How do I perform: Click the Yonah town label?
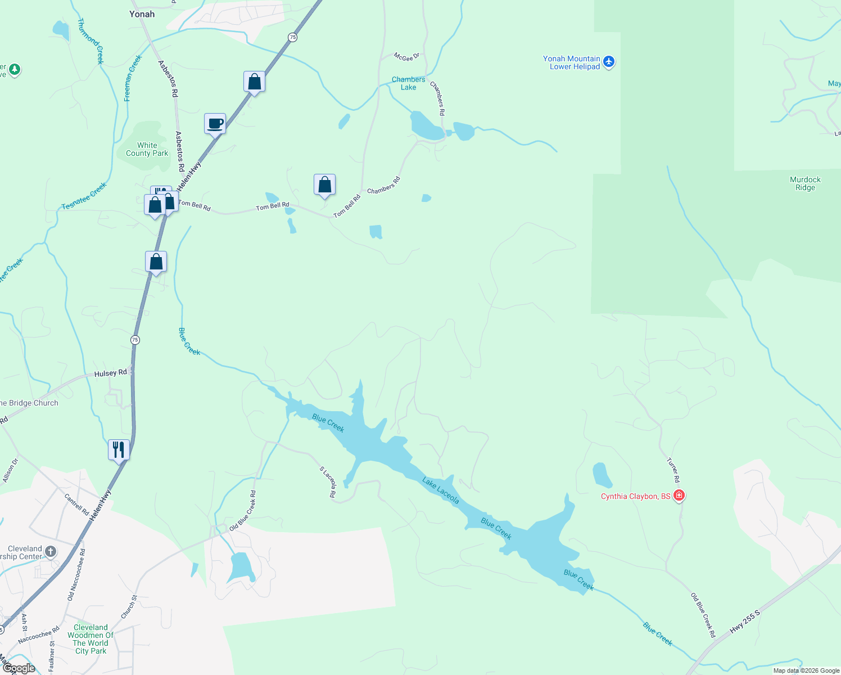click(142, 14)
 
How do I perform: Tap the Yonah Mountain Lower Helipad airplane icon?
click(609, 62)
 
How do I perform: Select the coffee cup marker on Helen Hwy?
click(215, 123)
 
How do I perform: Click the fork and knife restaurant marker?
click(119, 449)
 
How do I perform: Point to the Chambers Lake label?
click(408, 83)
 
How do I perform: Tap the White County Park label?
click(147, 149)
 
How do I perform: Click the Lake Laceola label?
click(441, 490)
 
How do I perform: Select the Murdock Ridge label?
click(805, 183)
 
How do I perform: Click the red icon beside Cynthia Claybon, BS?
click(679, 496)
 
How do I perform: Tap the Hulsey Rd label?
click(110, 373)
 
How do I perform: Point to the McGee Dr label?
click(406, 57)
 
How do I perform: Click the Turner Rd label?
click(673, 470)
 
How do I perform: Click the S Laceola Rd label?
click(327, 481)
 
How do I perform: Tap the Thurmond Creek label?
click(91, 41)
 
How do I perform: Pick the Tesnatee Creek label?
click(84, 196)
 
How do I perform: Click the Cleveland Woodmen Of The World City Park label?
click(91, 639)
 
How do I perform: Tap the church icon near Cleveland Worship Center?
click(51, 551)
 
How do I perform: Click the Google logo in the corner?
click(19, 668)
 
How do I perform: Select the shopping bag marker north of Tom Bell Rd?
click(324, 184)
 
